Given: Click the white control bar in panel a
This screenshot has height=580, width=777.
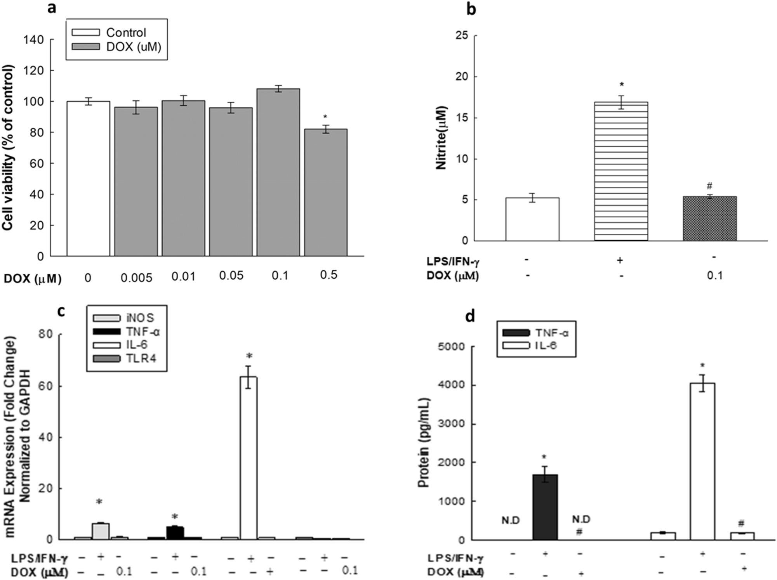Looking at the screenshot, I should pyautogui.click(x=88, y=179).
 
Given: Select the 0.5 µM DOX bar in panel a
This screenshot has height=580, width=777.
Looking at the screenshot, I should pyautogui.click(x=326, y=193).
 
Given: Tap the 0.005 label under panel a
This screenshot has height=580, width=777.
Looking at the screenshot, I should pyautogui.click(x=136, y=278).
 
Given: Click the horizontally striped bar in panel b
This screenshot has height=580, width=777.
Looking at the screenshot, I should pyautogui.click(x=621, y=171).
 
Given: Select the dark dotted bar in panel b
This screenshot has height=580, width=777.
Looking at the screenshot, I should pyautogui.click(x=709, y=219).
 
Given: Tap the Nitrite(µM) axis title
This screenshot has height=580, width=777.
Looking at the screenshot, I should pyautogui.click(x=442, y=137).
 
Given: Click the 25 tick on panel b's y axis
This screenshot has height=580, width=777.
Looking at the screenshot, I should pyautogui.click(x=462, y=36).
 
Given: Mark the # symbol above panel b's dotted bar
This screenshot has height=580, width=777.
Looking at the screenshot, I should pyautogui.click(x=709, y=186).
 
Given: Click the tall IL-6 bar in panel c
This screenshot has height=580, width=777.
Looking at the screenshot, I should pyautogui.click(x=248, y=458).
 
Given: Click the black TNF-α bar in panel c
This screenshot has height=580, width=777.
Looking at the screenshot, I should pyautogui.click(x=175, y=533).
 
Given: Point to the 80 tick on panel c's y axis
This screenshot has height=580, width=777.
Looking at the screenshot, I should pyautogui.click(x=47, y=335).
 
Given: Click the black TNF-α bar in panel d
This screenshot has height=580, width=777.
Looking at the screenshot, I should pyautogui.click(x=545, y=507).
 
